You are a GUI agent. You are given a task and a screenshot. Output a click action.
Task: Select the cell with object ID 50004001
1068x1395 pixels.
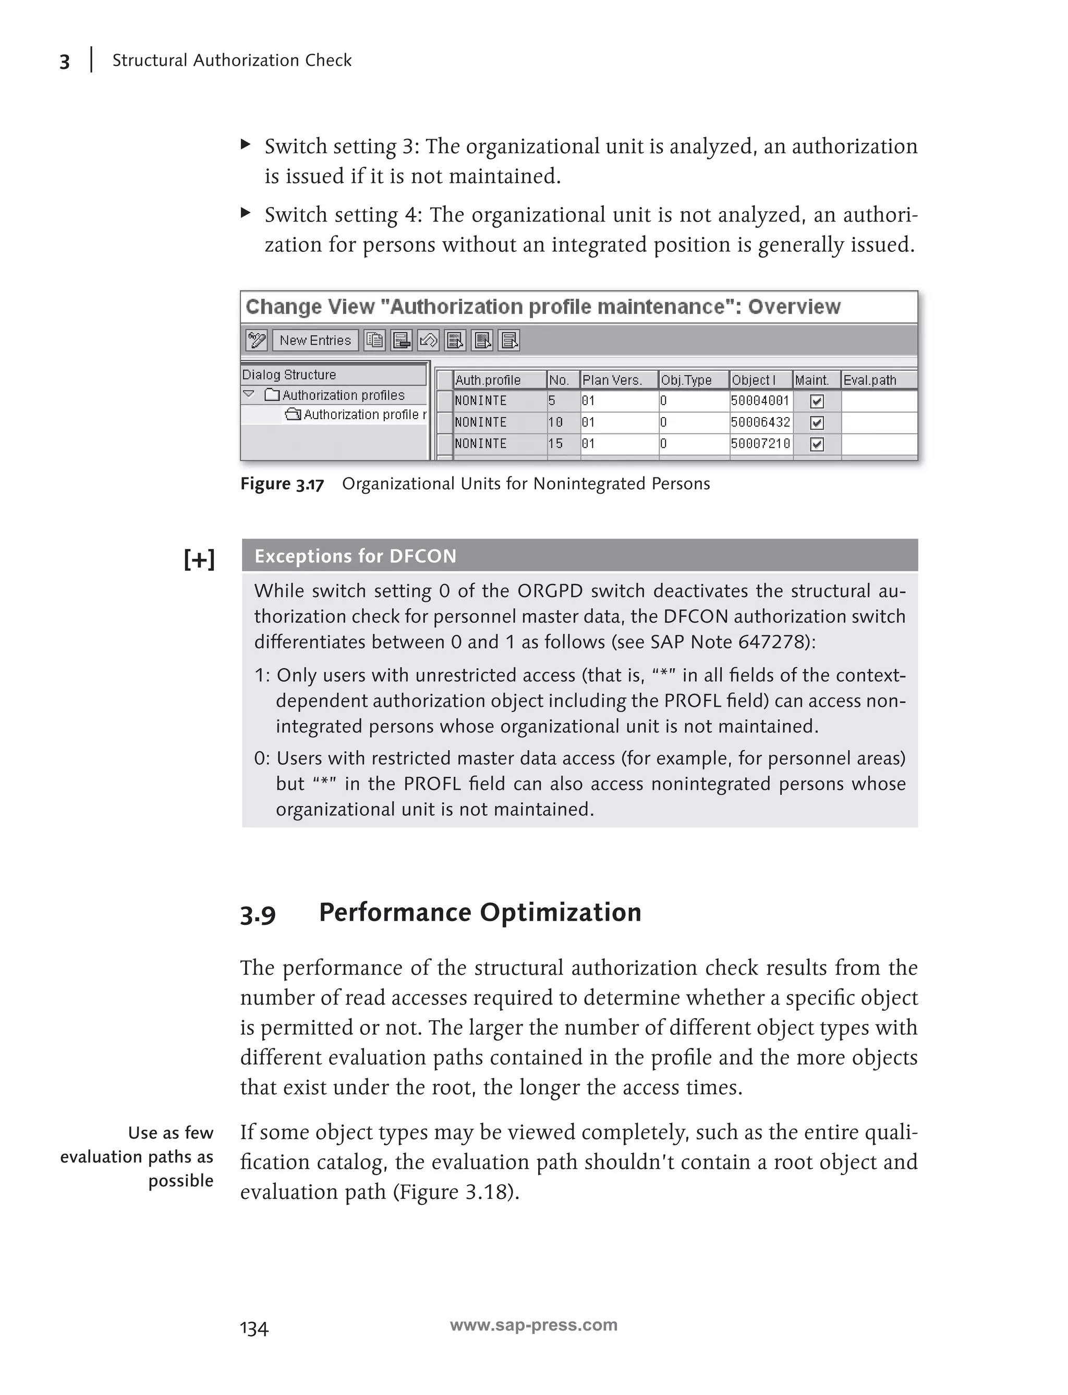760,401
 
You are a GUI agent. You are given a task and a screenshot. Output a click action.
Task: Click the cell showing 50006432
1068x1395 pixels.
760,423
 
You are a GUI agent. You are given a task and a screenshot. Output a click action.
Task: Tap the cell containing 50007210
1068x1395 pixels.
760,444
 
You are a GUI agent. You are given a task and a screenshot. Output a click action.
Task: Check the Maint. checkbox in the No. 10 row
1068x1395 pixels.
817,423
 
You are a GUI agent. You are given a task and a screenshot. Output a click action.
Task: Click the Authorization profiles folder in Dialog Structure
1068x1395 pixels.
343,395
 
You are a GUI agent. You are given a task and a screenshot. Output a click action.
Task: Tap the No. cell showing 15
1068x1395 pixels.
556,444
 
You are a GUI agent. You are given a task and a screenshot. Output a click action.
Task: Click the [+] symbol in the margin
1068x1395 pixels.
199,560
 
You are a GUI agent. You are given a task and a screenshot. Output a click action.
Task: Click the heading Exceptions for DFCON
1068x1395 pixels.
355,556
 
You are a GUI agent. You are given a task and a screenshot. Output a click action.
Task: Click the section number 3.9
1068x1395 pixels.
258,914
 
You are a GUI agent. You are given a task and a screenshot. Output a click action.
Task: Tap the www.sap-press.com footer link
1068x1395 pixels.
533,1325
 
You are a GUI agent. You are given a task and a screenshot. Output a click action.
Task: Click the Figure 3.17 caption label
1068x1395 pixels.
282,484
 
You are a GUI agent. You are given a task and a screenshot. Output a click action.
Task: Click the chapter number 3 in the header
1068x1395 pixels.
64,62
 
